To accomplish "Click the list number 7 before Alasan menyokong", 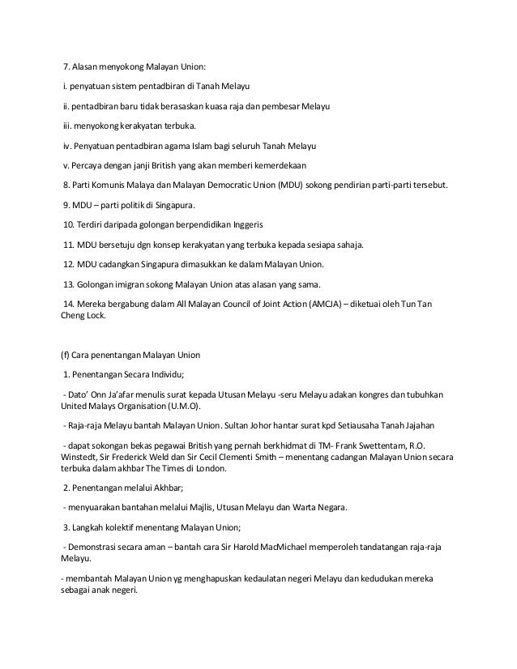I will (67, 66).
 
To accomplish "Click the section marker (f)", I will (55, 356).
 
